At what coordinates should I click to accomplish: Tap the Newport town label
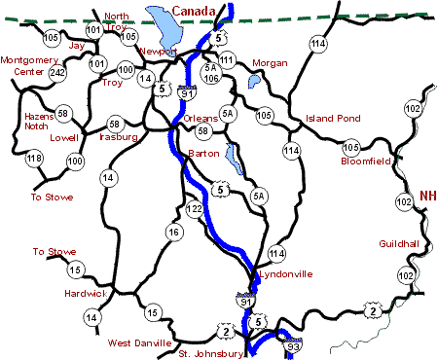click(158, 51)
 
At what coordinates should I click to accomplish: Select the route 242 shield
click(57, 72)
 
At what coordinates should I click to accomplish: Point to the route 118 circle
click(35, 159)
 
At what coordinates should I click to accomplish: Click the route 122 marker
click(195, 209)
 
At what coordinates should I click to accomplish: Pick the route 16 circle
click(174, 232)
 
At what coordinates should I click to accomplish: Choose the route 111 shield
click(228, 60)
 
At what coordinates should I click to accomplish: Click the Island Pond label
click(333, 119)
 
